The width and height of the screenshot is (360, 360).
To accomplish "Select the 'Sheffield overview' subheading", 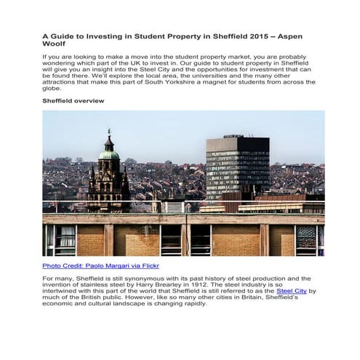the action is click(x=73, y=100).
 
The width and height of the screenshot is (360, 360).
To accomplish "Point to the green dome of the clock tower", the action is click(x=108, y=154).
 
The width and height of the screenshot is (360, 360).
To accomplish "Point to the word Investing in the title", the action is click(x=97, y=35).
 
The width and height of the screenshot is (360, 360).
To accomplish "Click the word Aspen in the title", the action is click(x=297, y=35).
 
